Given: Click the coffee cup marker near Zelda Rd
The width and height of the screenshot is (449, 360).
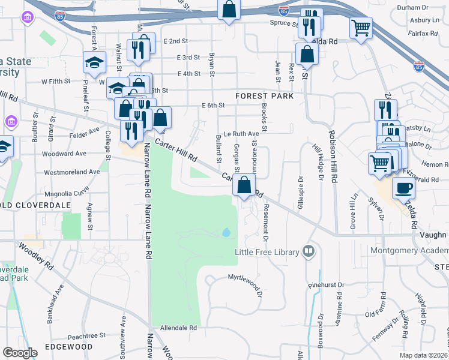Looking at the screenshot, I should pyautogui.click(x=403, y=188).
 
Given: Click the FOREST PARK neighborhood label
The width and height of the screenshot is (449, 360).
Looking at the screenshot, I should pyautogui.click(x=265, y=96).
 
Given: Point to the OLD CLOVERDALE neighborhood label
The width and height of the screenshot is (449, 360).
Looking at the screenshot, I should pyautogui.click(x=35, y=205).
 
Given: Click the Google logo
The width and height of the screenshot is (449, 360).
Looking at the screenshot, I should pyautogui.click(x=20, y=353).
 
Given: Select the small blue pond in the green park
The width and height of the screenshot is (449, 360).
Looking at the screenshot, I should pyautogui.click(x=226, y=232).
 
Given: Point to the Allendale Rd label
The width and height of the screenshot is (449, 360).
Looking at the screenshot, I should pyautogui.click(x=178, y=328).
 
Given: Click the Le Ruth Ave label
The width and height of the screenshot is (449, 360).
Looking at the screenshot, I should pyautogui.click(x=241, y=134).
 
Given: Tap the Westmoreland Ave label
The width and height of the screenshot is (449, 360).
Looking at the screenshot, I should pyautogui.click(x=71, y=172).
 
